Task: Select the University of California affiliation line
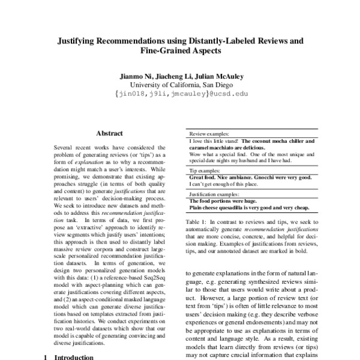click(180, 85)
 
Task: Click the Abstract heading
click(109, 135)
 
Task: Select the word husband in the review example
click(244, 161)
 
